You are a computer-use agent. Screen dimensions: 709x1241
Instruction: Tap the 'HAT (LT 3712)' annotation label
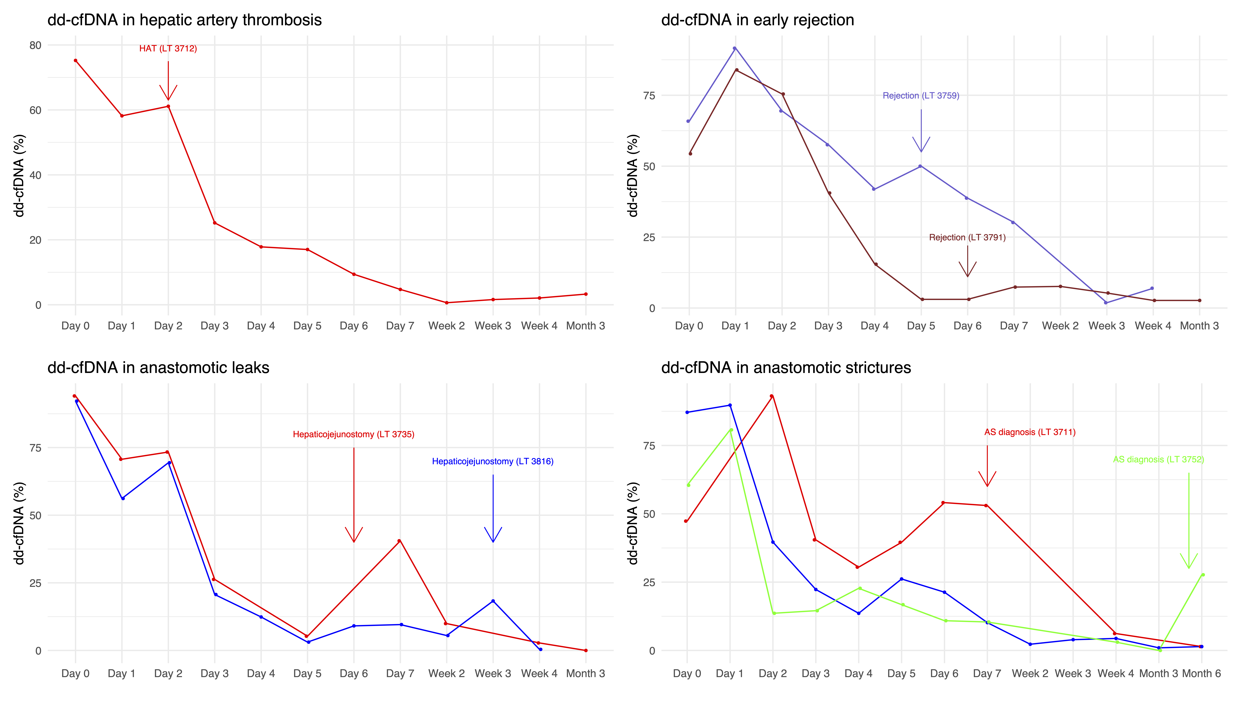tap(168, 49)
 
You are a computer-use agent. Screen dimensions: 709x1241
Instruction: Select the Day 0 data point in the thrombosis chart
tap(75, 60)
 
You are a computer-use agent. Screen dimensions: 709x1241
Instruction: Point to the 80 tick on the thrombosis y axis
tap(36, 45)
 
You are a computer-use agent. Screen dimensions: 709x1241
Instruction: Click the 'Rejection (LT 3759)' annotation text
tap(921, 96)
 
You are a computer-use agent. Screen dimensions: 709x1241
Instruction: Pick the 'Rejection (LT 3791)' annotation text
tap(967, 238)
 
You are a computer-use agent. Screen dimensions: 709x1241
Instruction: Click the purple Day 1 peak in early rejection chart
tap(734, 48)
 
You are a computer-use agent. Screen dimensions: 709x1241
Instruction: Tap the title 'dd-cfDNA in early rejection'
tap(757, 20)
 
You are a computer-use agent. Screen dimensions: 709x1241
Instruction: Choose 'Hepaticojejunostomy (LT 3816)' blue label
tap(492, 462)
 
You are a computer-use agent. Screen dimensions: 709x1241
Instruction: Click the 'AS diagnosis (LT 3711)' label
tap(1030, 432)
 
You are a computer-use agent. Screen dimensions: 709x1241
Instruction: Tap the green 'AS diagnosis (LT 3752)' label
tap(1158, 460)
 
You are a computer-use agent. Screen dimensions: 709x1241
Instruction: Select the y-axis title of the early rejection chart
tap(633, 175)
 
